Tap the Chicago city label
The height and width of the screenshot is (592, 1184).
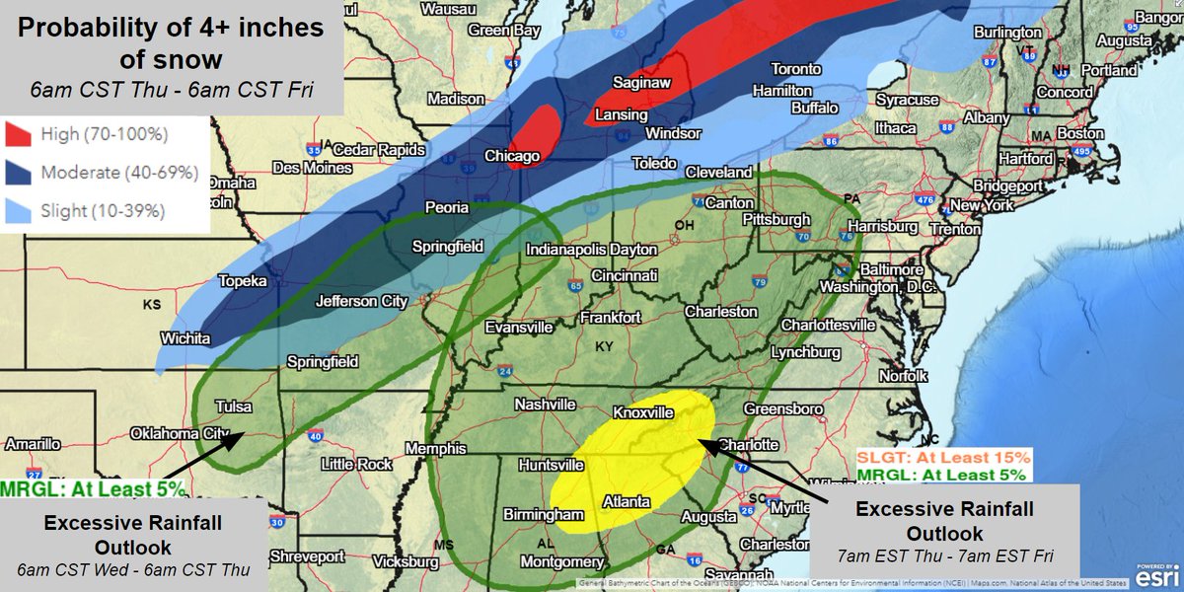pyautogui.click(x=512, y=157)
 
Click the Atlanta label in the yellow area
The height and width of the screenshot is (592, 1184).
pyautogui.click(x=627, y=502)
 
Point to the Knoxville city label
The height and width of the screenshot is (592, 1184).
pyautogui.click(x=643, y=412)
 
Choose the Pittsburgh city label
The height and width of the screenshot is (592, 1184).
pyautogui.click(x=777, y=219)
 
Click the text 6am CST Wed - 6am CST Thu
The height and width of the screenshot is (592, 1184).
pyautogui.click(x=131, y=569)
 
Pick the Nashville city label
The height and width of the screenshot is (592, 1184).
pyautogui.click(x=545, y=405)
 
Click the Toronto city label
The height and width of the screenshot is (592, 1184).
pyautogui.click(x=795, y=69)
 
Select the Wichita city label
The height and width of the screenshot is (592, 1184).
pyautogui.click(x=185, y=338)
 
